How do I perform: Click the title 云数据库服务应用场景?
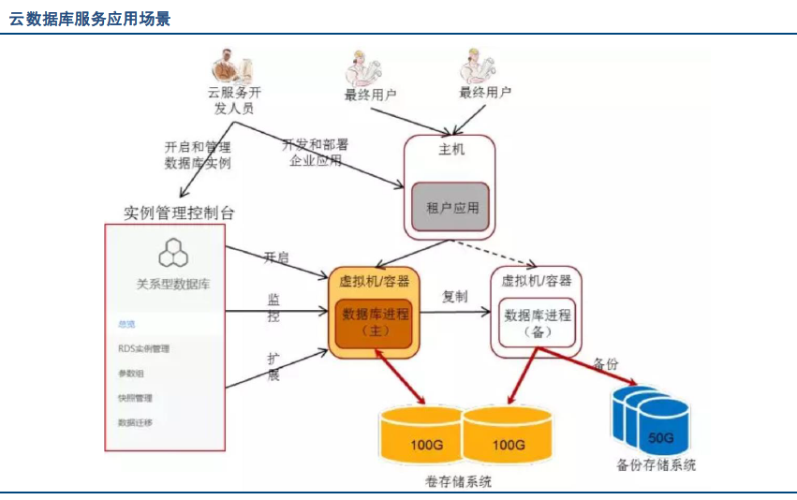pos(90,18)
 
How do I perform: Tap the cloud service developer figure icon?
pos(229,66)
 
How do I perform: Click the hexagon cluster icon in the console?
pos(173,251)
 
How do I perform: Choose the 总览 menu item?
pos(126,324)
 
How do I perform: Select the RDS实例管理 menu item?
pos(143,348)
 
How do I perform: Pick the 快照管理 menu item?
pos(135,397)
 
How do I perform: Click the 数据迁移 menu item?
pos(135,422)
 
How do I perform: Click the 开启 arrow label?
pos(276,257)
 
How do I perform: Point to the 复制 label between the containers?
pos(455,296)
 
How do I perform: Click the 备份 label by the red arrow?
pos(606,363)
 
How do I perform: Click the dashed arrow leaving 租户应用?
pos(496,250)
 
